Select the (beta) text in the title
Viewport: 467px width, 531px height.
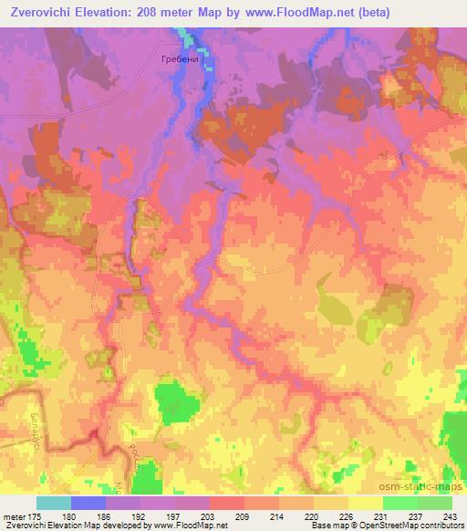[387, 13]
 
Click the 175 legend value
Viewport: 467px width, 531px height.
[35, 516]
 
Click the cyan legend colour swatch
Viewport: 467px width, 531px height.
[53, 503]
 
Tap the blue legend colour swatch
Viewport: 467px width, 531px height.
[88, 503]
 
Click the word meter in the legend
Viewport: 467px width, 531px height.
[14, 516]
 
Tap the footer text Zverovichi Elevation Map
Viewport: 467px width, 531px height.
[55, 526]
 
